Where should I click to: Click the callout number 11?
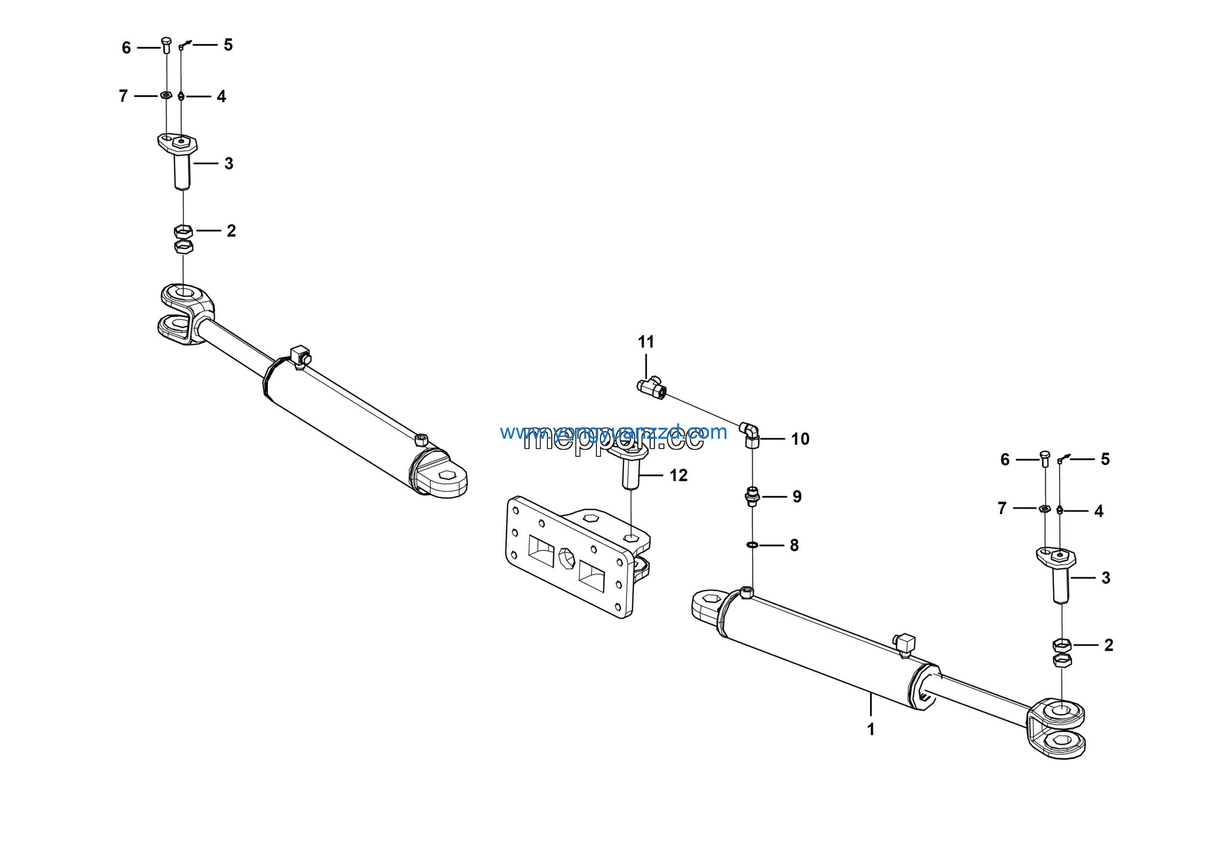(646, 341)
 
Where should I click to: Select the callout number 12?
(678, 475)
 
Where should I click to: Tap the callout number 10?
(800, 439)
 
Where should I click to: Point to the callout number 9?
(797, 497)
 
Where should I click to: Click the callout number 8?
(794, 545)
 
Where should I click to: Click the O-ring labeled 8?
(752, 545)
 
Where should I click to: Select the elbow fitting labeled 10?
(750, 433)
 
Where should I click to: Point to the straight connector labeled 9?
(752, 497)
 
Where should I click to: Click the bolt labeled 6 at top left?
(166, 45)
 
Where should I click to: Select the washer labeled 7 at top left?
(166, 96)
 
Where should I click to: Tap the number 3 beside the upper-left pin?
(229, 164)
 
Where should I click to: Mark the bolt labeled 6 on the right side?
(1045, 458)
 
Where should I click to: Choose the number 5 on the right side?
(1105, 459)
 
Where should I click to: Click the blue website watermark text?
(613, 432)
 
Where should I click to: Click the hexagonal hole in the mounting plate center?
(567, 559)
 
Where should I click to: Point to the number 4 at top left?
(221, 97)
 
